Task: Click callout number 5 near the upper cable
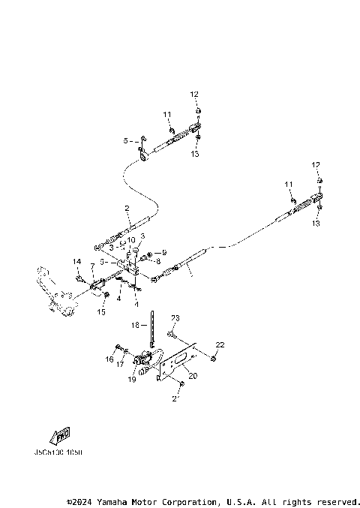click(126, 140)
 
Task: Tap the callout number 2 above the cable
click(127, 208)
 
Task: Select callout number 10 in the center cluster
click(130, 240)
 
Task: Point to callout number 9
click(163, 252)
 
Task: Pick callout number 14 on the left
click(76, 260)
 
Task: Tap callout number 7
click(91, 266)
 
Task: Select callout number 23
click(174, 318)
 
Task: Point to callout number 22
click(220, 344)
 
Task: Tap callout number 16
click(109, 359)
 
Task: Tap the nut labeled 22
click(214, 359)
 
